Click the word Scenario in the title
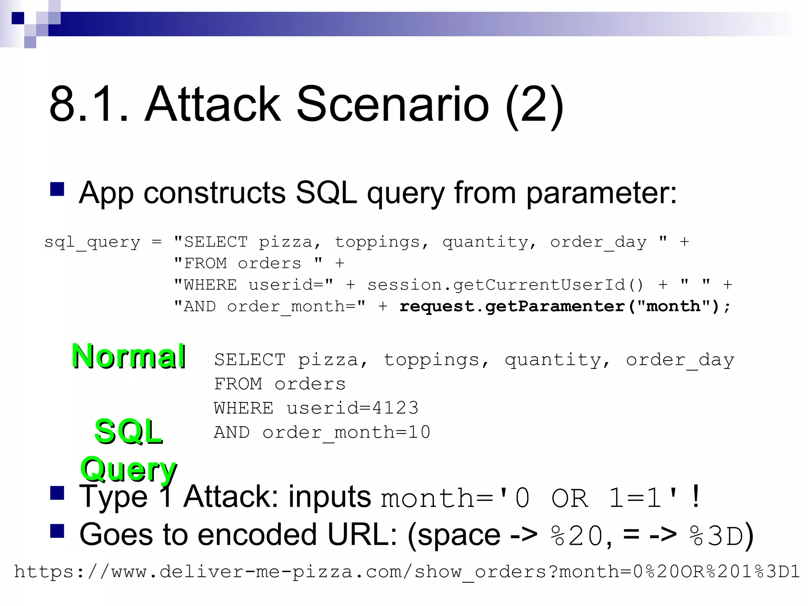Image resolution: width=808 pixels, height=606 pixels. pos(393,105)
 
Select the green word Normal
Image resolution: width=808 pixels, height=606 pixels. pos(129,357)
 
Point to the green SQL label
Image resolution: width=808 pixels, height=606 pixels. pos(129,432)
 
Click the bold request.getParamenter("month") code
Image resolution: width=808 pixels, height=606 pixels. pos(564,307)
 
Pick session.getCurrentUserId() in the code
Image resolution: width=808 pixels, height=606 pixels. pos(505,285)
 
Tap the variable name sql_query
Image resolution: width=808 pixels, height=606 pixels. pos(92,242)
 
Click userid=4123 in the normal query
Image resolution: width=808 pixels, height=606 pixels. pos(352,408)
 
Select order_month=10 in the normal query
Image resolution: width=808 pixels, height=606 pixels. pos(346,432)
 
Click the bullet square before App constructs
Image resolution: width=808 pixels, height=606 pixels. pos(57,189)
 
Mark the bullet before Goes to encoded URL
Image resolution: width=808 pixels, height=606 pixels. pos(57,531)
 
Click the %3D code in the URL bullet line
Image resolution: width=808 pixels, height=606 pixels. pos(716,536)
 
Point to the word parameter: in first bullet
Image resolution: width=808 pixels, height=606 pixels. pos(601,193)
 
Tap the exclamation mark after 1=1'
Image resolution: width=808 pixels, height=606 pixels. pos(696,496)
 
